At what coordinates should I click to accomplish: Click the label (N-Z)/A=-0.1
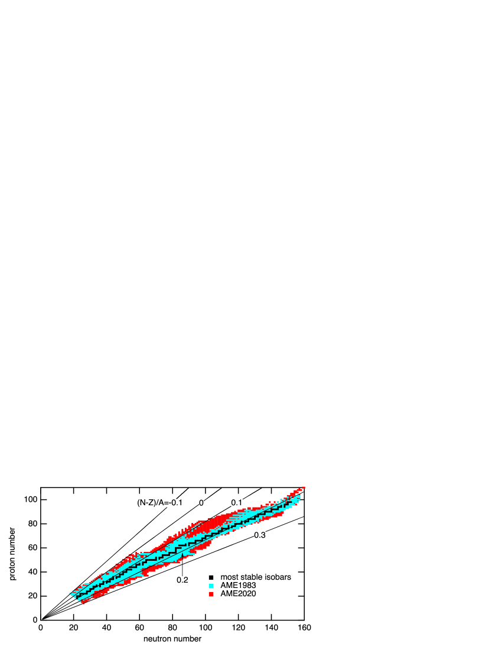160,503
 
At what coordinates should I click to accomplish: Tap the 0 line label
201,503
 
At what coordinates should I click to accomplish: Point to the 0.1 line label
237,503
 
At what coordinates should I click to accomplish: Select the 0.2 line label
182,580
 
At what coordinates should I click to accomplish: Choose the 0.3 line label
260,535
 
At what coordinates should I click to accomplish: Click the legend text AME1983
238,585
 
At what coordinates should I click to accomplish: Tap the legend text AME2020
238,594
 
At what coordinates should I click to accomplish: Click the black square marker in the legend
211,577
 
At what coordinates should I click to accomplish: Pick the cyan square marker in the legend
211,585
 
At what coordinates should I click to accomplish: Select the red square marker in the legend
211,594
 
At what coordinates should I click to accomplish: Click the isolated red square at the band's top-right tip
304,487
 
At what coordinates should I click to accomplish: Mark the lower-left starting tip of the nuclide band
70,594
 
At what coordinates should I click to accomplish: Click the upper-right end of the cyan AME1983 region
299,496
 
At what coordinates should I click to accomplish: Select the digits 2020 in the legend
247,594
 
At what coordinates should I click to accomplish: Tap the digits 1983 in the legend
247,585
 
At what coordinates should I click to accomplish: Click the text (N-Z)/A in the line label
150,503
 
